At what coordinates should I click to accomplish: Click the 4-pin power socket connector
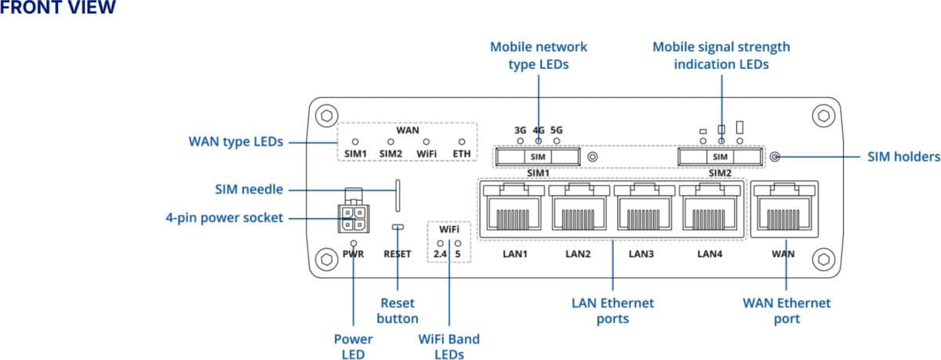(352, 217)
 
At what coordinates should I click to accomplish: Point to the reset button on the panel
(398, 227)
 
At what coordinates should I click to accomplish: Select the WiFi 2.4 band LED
(441, 244)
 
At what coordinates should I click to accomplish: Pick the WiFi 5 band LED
(457, 244)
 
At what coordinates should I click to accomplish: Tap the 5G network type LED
(557, 141)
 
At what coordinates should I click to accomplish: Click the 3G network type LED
(520, 141)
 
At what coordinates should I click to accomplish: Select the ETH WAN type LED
(462, 141)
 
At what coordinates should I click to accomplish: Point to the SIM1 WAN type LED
(355, 141)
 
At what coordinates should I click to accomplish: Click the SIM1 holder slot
(537, 157)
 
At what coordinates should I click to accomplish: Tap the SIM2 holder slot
(720, 157)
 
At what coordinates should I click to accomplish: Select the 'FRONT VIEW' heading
(58, 9)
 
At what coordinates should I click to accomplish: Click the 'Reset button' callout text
(398, 311)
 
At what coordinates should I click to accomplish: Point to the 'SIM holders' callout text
(903, 157)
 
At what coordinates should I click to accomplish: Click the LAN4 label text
(709, 254)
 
